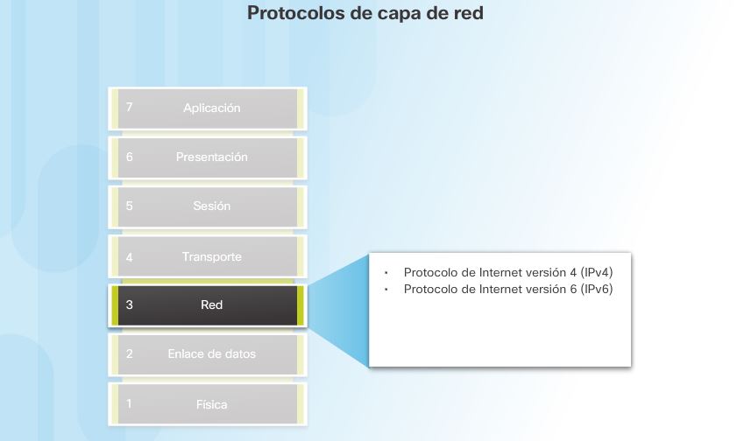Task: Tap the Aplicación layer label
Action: click(x=211, y=108)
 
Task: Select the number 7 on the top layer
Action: click(x=130, y=108)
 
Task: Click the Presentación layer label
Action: click(x=211, y=157)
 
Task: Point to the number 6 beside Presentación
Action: click(x=130, y=157)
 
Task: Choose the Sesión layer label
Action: click(x=211, y=206)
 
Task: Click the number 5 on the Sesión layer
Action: click(x=130, y=206)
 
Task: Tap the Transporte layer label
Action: click(x=211, y=257)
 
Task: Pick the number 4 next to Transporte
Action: click(x=130, y=257)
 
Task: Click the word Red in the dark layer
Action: click(x=211, y=305)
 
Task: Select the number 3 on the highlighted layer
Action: click(x=130, y=305)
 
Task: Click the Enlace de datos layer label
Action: click(x=211, y=354)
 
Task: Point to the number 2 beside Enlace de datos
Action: click(x=130, y=354)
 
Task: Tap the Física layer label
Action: click(x=211, y=405)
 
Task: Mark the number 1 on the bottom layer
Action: click(x=130, y=404)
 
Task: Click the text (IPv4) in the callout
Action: click(x=596, y=272)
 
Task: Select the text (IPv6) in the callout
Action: click(x=596, y=289)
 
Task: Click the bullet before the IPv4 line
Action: click(x=386, y=272)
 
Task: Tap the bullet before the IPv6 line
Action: click(x=386, y=289)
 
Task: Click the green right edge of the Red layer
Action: click(x=300, y=305)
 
